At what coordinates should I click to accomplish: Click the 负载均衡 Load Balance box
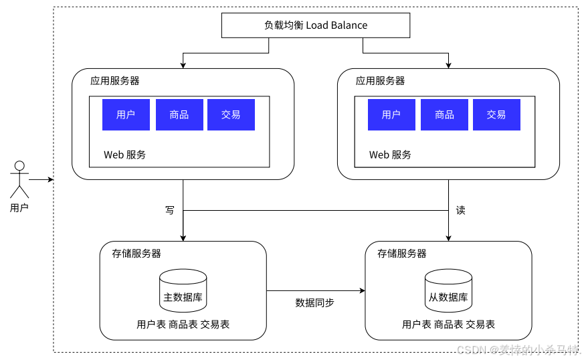(x=316, y=25)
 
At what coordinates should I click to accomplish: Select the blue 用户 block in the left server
(x=126, y=114)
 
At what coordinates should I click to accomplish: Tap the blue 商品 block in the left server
(x=179, y=114)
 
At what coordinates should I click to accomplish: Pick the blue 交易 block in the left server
(x=231, y=114)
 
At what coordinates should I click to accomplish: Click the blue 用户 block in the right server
(x=391, y=114)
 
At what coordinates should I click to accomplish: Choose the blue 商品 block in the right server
(x=444, y=114)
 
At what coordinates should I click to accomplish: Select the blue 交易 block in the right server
(x=496, y=114)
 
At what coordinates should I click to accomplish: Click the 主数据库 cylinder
(x=183, y=290)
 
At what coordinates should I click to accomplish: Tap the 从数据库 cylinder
(x=448, y=290)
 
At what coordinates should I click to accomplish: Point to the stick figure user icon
(x=19, y=178)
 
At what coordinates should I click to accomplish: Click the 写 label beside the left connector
(x=170, y=210)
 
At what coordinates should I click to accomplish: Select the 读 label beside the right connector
(x=460, y=210)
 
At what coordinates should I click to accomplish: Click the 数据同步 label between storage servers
(x=315, y=302)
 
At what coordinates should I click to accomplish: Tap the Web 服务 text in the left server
(x=125, y=155)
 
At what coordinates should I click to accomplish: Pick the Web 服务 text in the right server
(x=391, y=155)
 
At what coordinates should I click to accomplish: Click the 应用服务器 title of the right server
(x=380, y=81)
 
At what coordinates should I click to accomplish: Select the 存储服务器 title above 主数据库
(x=136, y=254)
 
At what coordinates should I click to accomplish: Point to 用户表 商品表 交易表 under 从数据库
(x=448, y=325)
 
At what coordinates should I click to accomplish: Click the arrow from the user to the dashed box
(x=41, y=180)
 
